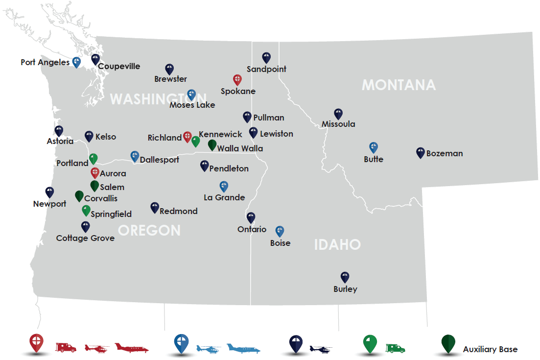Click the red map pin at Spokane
(237, 80)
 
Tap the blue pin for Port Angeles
(76, 62)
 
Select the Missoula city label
(338, 124)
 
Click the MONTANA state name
(399, 85)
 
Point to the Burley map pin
(345, 277)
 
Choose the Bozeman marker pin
(420, 152)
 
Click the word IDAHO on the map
(337, 244)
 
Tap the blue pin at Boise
(280, 231)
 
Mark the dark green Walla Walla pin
(212, 144)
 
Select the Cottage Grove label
(85, 239)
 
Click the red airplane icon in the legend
(132, 348)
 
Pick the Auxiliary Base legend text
(490, 349)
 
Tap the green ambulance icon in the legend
(395, 348)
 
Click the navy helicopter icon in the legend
(321, 349)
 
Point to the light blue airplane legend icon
(243, 348)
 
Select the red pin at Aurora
(95, 172)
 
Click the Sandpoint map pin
(266, 58)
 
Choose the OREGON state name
(149, 230)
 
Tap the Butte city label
(374, 159)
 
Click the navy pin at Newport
(49, 192)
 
